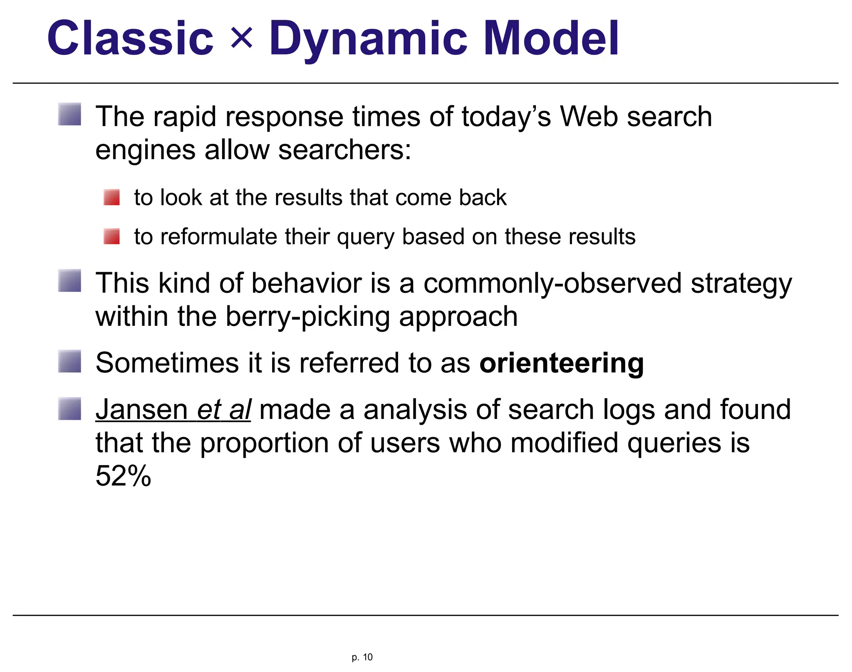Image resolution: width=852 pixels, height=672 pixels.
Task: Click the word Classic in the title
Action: point(130,38)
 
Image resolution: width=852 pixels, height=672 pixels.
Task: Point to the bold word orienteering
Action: point(561,363)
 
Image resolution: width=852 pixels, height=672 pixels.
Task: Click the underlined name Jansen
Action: point(142,409)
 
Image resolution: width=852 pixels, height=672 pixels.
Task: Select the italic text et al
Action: point(223,409)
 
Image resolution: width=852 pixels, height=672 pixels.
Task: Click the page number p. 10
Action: point(362,657)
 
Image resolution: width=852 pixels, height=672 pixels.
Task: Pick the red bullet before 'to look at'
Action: point(111,197)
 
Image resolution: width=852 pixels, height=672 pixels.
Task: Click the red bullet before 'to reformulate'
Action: point(111,236)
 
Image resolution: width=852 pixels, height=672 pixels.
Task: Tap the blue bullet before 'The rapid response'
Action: point(69,114)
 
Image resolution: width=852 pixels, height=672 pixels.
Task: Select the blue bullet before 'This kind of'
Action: point(69,281)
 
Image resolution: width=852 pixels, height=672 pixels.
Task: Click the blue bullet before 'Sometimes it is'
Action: point(69,361)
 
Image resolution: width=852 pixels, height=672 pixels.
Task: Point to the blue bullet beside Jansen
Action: point(69,409)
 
